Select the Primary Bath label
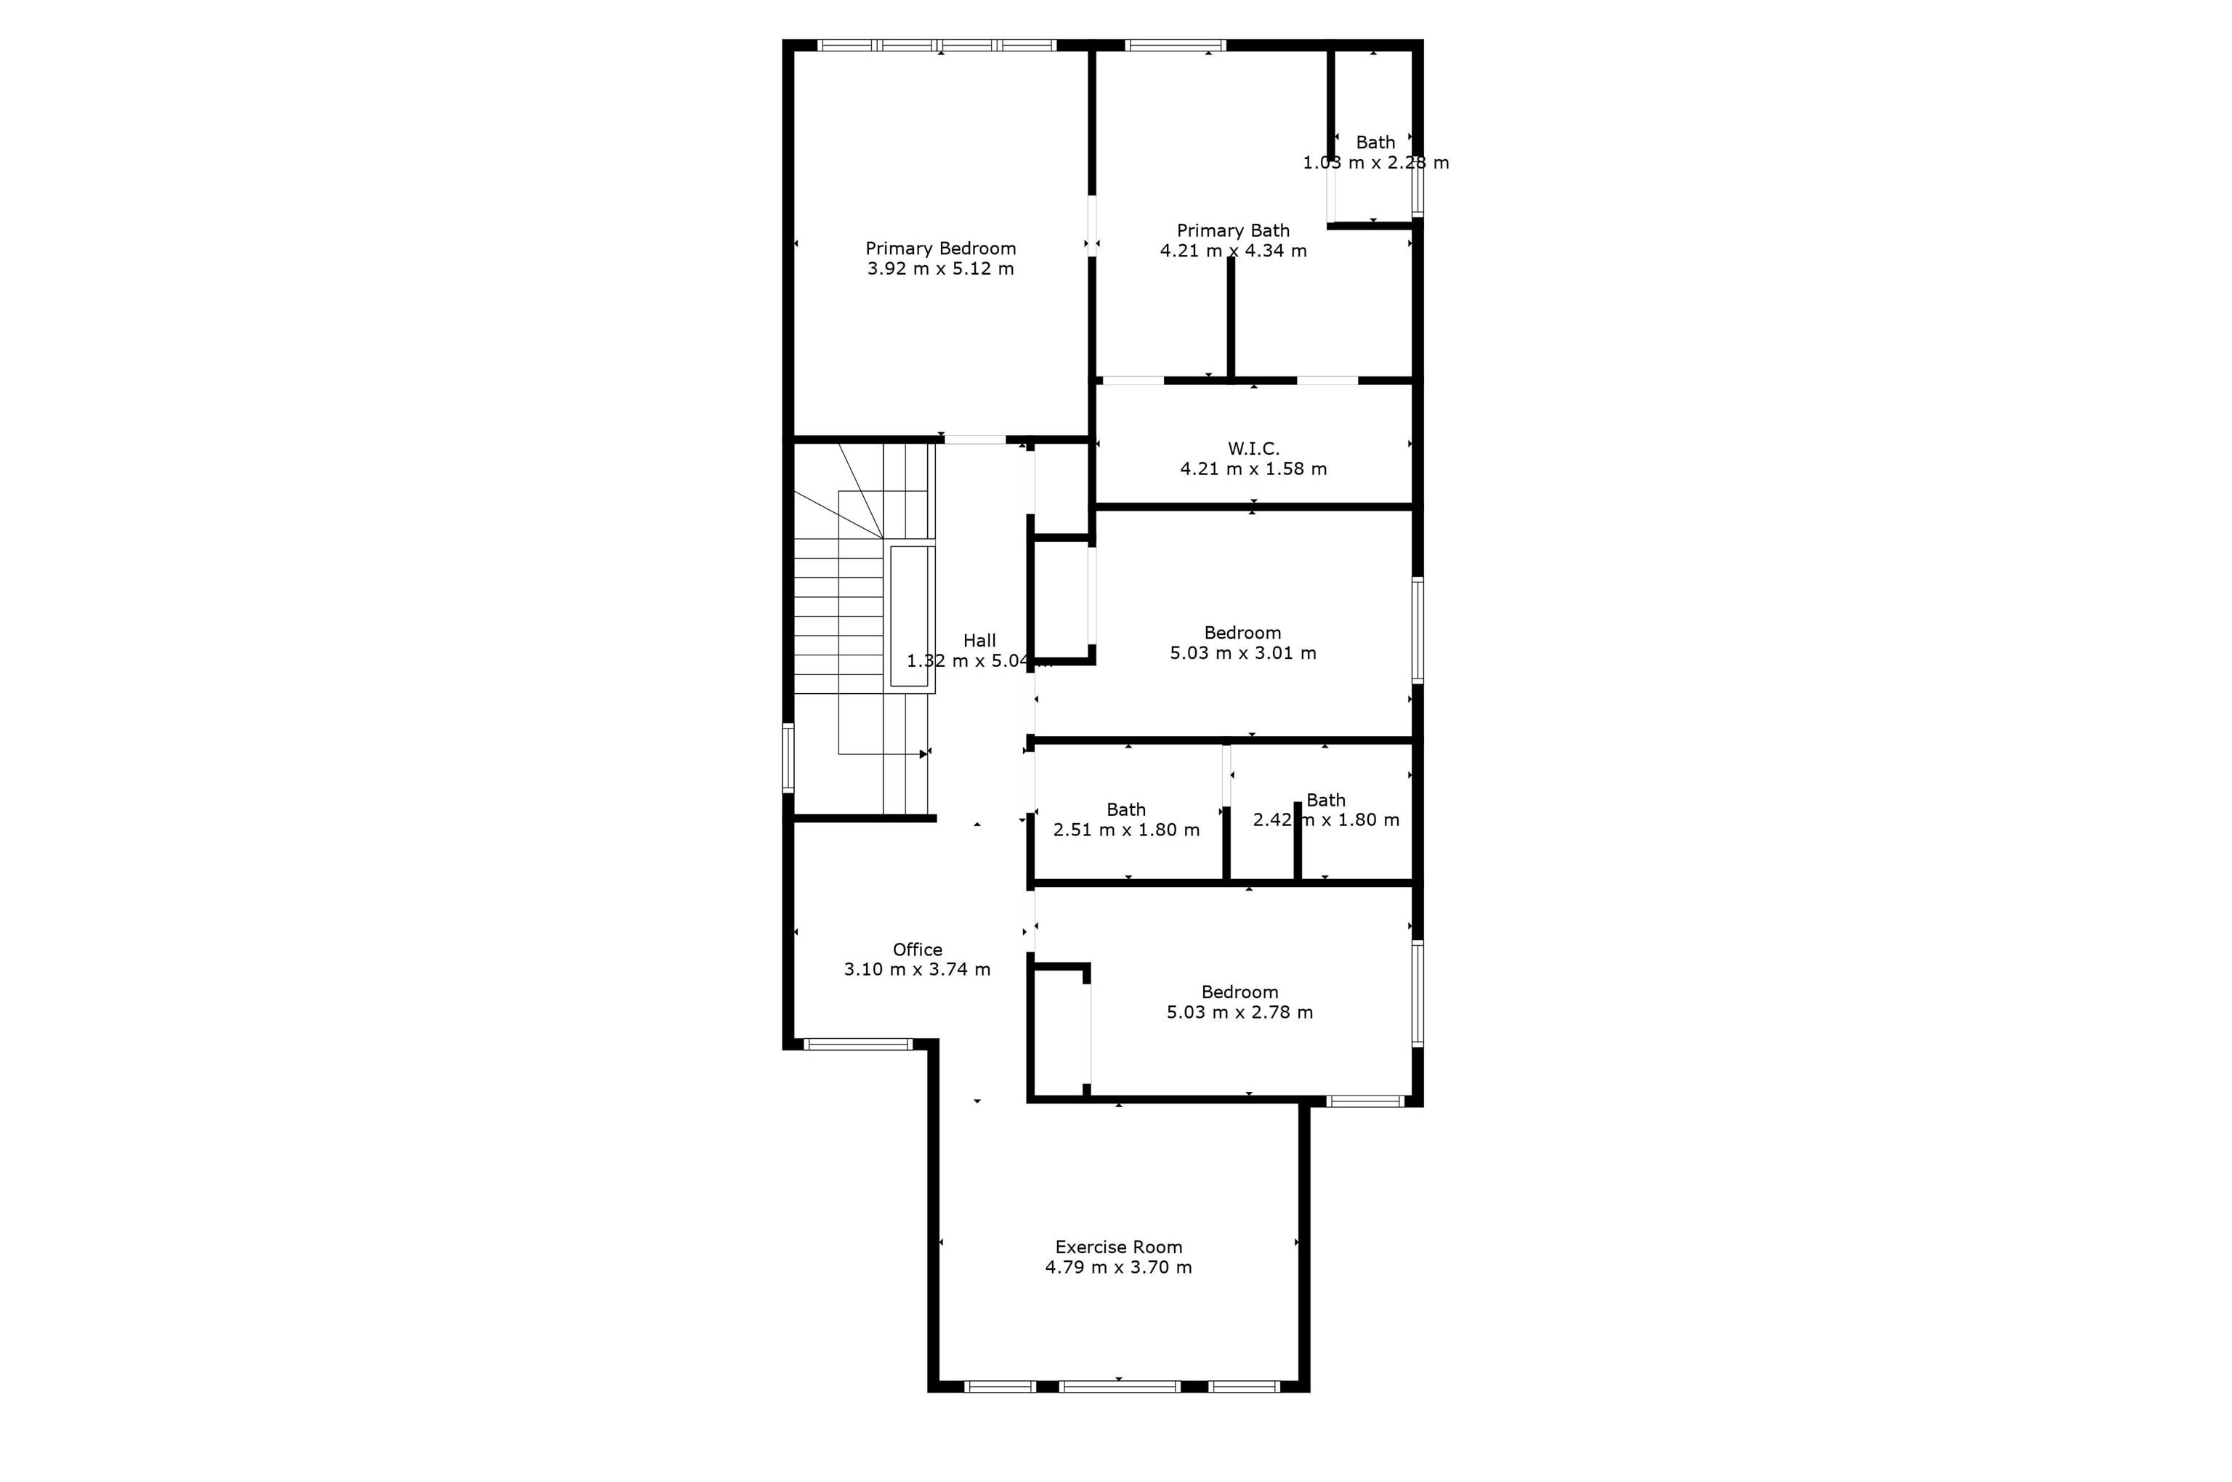(x=1233, y=230)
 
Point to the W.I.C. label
(x=1253, y=449)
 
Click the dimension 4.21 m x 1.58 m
(x=1253, y=469)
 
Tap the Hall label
(x=979, y=641)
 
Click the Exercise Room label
(x=1118, y=1247)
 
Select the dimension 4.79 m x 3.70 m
(x=1118, y=1268)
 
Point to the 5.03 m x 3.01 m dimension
(x=1242, y=653)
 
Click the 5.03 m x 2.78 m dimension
(x=1240, y=1012)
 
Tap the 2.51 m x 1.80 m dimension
(x=1126, y=830)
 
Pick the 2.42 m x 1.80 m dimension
(x=1325, y=820)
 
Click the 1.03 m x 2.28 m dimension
(x=1375, y=163)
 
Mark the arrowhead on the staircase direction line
(x=923, y=754)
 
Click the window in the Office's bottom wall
(x=857, y=1045)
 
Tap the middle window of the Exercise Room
(x=1120, y=1387)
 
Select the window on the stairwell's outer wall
(x=788, y=757)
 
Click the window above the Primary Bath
(x=1175, y=45)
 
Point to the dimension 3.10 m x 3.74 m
(x=917, y=970)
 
